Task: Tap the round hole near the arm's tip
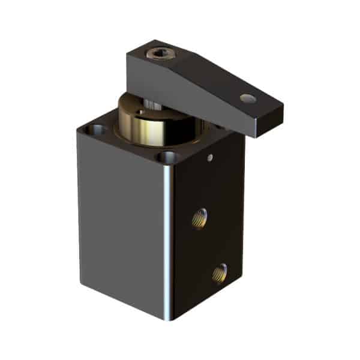246,98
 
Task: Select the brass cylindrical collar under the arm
144,122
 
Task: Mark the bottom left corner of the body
80,279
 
